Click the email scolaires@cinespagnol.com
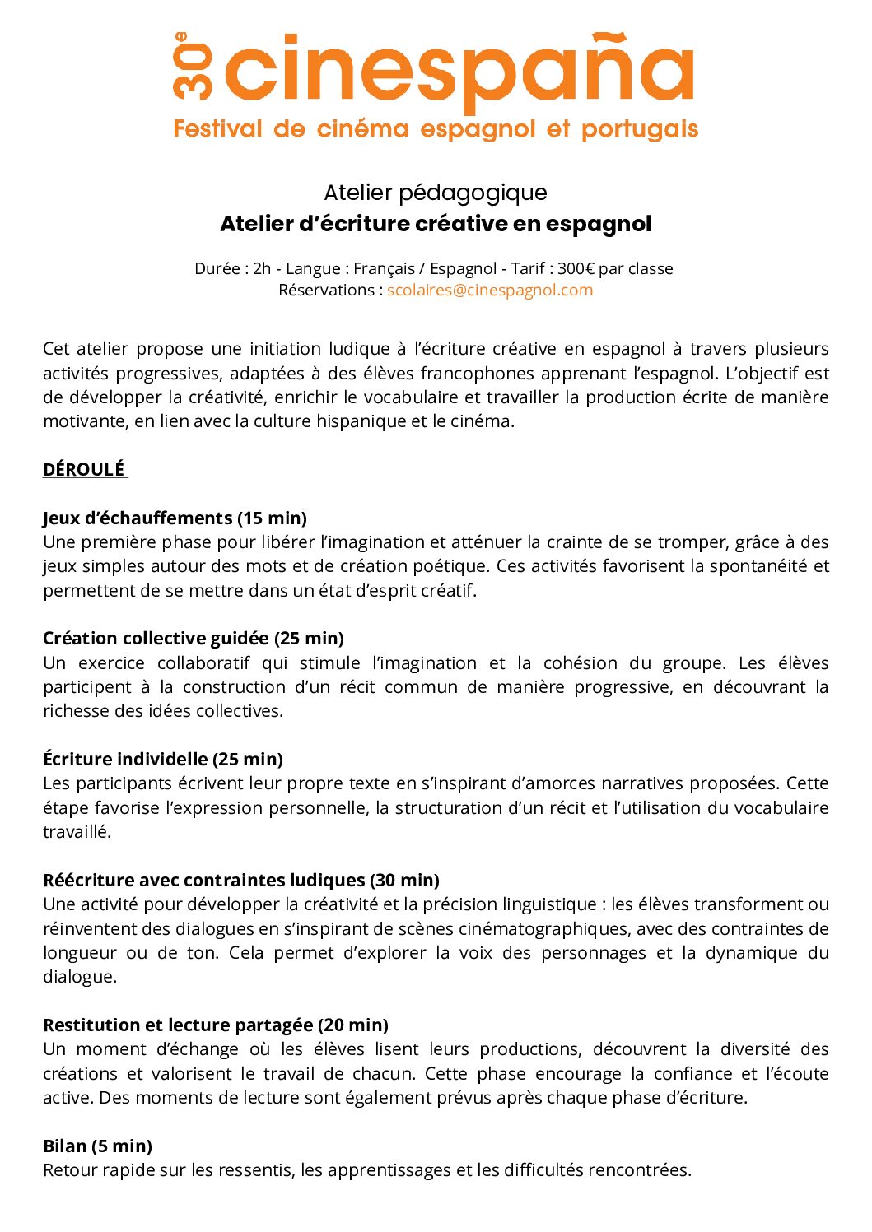[x=490, y=291]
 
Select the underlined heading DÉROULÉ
[x=84, y=470]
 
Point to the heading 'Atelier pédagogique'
[x=436, y=193]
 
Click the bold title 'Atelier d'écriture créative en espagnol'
[x=436, y=224]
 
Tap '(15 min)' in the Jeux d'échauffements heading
[x=272, y=518]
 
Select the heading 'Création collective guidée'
[x=156, y=639]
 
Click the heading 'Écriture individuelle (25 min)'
[x=163, y=760]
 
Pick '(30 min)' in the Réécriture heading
[x=404, y=881]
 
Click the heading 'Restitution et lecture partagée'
[x=178, y=1025]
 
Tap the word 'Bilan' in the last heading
[x=64, y=1146]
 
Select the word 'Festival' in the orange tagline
[x=217, y=129]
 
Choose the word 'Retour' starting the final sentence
[x=69, y=1170]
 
